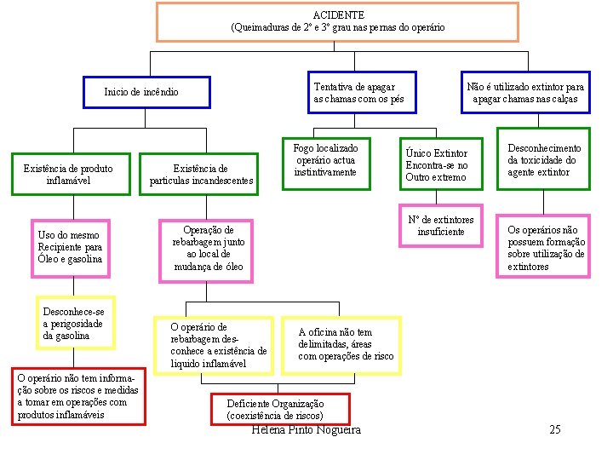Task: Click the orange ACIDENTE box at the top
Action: pyautogui.click(x=338, y=21)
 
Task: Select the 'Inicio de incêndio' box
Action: pyautogui.click(x=146, y=92)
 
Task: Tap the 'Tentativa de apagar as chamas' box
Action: pyautogui.click(x=359, y=93)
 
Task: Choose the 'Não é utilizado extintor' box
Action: pyautogui.click(x=525, y=93)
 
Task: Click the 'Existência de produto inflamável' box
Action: pyautogui.click(x=68, y=175)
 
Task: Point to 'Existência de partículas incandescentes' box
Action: pyautogui.click(x=201, y=175)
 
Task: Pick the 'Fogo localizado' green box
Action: pyautogui.click(x=326, y=160)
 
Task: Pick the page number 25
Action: pyautogui.click(x=555, y=429)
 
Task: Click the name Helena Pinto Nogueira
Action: pyautogui.click(x=306, y=430)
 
